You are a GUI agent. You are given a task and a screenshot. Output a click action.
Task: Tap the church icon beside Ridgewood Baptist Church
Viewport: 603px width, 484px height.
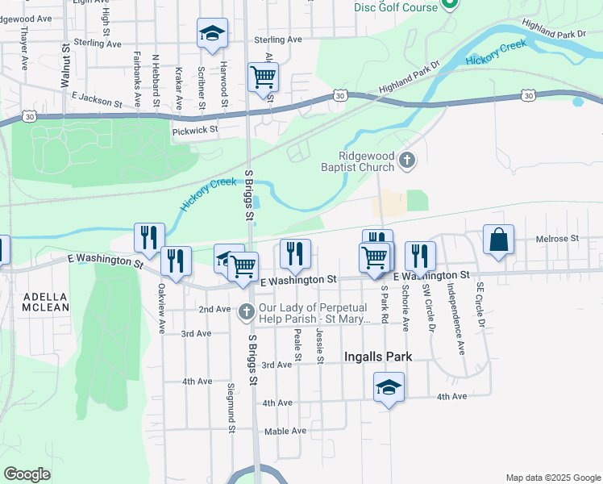tap(407, 161)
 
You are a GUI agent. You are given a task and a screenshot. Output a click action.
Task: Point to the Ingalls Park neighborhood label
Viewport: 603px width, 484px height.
tap(378, 357)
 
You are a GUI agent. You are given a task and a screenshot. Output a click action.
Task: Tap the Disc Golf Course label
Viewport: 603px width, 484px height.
tap(396, 7)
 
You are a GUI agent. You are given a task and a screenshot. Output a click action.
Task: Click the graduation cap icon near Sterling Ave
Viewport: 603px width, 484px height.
tap(213, 33)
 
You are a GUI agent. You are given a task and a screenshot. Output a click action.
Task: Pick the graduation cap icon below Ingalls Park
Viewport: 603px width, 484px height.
tap(389, 386)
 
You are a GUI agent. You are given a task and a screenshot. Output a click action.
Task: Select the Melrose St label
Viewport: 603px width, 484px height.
tap(558, 239)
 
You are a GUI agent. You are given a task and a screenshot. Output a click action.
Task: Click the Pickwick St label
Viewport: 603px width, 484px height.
tap(195, 129)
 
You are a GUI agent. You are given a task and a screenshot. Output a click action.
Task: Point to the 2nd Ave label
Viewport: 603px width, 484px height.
tap(214, 309)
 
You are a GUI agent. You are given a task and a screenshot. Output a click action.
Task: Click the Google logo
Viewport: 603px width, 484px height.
tap(27, 474)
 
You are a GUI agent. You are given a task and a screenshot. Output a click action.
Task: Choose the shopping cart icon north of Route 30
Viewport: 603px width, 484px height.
tap(264, 77)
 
